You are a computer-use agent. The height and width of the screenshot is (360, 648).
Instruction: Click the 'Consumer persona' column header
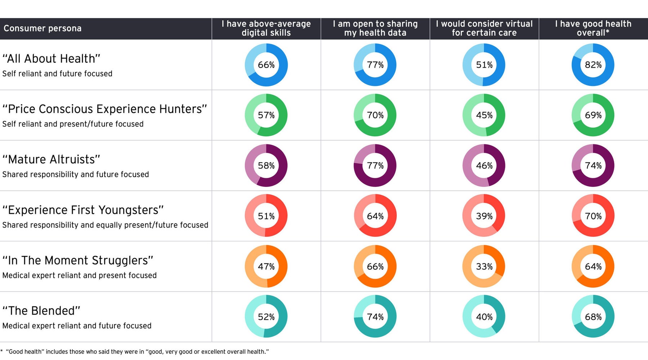point(42,28)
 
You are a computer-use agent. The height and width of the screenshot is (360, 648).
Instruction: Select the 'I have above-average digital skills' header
point(266,28)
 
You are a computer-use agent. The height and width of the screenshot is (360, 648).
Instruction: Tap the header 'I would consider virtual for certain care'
point(484,28)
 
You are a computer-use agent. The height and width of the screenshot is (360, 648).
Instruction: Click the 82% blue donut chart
point(593,65)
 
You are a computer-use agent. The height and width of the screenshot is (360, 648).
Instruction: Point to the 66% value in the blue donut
point(266,65)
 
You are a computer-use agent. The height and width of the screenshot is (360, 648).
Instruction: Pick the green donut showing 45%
point(484,115)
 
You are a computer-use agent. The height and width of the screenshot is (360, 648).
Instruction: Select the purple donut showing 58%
point(266,166)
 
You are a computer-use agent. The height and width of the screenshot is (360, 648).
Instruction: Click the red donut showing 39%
point(484,216)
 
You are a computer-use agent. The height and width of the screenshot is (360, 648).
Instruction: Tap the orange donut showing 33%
point(484,266)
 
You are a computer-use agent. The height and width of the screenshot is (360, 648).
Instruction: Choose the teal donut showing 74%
point(375,317)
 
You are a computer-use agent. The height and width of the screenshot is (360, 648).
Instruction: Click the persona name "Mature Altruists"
point(51,159)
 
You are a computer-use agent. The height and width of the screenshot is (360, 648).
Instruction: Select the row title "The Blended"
point(41,311)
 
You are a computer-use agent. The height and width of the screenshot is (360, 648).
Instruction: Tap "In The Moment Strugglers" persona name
point(78,260)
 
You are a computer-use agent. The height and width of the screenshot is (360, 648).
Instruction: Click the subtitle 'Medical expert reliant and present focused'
point(79,275)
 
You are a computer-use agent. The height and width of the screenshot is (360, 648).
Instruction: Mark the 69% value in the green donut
point(593,115)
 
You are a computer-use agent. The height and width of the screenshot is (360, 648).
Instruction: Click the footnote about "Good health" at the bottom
point(137,352)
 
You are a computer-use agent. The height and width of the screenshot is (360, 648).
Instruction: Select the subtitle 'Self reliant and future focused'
point(57,74)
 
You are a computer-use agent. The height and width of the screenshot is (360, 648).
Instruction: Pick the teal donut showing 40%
point(484,317)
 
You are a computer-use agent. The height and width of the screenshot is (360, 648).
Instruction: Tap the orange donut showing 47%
point(266,266)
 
